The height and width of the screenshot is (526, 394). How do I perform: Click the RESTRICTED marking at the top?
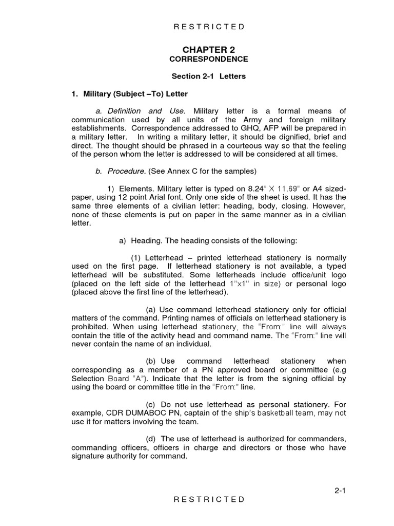(x=208, y=27)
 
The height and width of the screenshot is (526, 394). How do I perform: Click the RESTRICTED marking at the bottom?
(x=208, y=499)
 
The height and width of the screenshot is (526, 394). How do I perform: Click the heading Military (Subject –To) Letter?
(x=129, y=93)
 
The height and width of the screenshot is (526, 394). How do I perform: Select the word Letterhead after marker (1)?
(x=163, y=257)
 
